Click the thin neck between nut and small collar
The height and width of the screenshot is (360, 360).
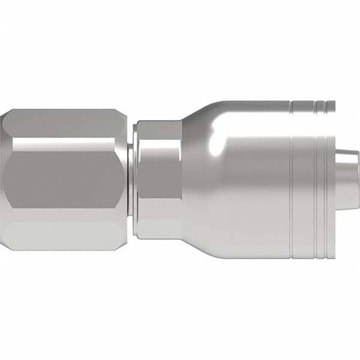[x=130, y=180]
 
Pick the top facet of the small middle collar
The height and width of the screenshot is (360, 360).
[x=158, y=130]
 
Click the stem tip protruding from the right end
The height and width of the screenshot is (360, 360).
[x=347, y=180]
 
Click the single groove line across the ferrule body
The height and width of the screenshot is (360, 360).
[x=292, y=180]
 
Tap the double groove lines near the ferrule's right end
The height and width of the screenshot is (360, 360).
[x=321, y=180]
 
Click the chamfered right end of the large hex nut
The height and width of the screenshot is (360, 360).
[x=124, y=180]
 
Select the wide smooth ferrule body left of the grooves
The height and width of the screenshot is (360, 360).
[x=252, y=186]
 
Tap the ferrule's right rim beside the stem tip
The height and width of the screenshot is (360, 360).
[x=332, y=198]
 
